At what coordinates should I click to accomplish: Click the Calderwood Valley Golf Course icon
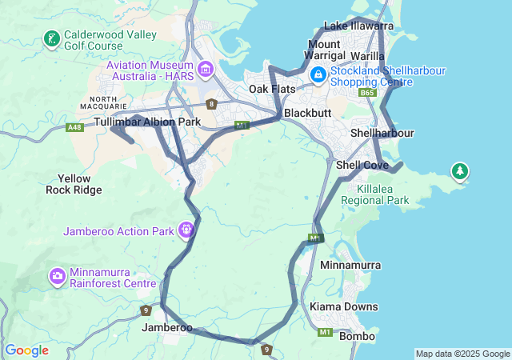tap(51, 39)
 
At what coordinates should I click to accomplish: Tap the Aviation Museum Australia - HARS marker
tap(206, 70)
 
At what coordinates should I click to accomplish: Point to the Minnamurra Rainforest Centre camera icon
tap(58, 277)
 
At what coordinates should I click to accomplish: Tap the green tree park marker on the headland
tap(459, 171)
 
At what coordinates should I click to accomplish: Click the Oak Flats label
tap(272, 89)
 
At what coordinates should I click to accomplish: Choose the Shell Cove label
tap(362, 165)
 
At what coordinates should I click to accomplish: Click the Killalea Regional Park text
tap(372, 194)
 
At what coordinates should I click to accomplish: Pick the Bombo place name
tap(357, 336)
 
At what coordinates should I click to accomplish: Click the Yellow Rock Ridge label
tap(74, 184)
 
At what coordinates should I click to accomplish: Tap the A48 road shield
tap(75, 127)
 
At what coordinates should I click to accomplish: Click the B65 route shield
tap(367, 94)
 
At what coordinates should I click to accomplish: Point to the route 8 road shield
tap(211, 103)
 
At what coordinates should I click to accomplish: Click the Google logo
tap(26, 350)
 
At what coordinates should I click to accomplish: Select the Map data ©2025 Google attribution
tap(462, 354)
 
